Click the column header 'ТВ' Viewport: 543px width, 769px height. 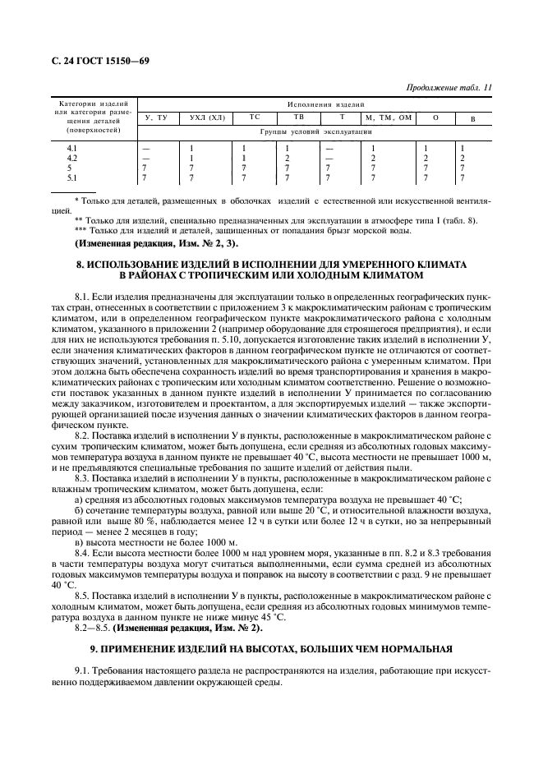point(298,117)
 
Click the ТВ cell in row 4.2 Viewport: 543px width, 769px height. point(287,157)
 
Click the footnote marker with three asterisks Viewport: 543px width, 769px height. point(82,232)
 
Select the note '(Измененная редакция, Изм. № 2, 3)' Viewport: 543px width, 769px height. point(156,244)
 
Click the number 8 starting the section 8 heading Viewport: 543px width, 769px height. point(79,265)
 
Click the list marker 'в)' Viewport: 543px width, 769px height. point(80,543)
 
